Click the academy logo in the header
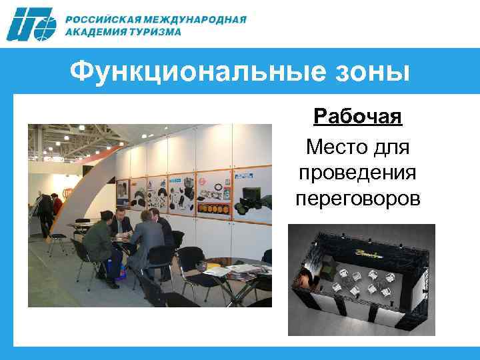31,25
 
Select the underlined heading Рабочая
357,117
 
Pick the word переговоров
357,198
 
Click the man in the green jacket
99,243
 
